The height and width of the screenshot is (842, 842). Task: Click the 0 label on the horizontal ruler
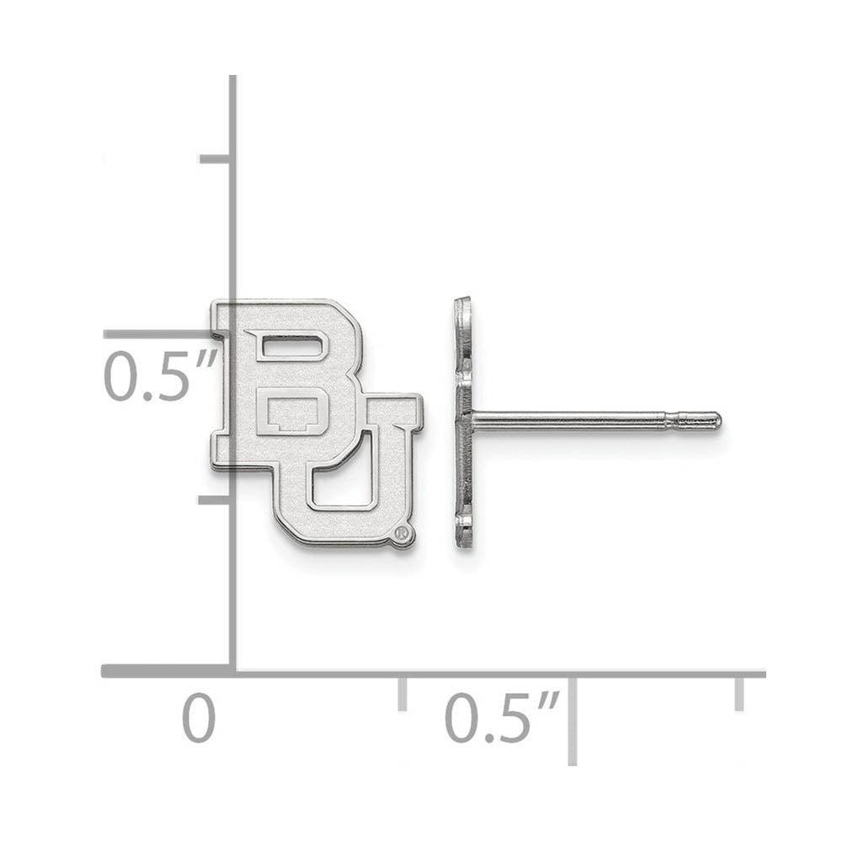pos(200,720)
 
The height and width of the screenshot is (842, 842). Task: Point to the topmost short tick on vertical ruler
pos(216,158)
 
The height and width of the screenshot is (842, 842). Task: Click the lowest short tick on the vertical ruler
pos(216,498)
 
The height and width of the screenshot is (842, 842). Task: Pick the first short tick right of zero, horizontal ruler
pos(402,692)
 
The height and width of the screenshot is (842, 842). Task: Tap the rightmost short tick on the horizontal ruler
pos(739,692)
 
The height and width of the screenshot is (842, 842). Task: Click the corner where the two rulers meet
pos(233,673)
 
